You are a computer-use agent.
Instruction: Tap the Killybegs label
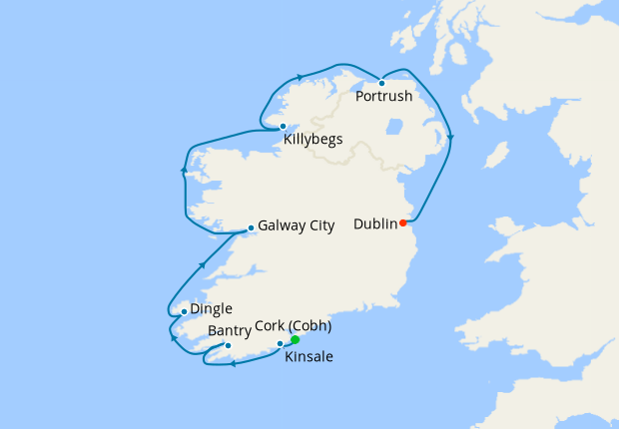[312, 140]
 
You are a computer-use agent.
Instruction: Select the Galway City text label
[296, 226]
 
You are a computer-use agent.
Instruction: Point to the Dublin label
[375, 224]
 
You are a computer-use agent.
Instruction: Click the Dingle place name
[212, 310]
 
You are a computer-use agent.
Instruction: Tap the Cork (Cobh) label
[294, 326]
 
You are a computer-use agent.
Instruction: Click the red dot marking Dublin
[403, 222]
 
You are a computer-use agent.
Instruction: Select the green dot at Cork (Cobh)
[295, 340]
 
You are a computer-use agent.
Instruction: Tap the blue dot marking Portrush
[381, 83]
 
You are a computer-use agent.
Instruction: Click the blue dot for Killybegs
[284, 126]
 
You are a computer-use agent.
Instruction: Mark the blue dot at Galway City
[250, 228]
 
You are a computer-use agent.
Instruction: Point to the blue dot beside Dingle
[184, 311]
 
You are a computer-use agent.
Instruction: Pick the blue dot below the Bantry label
[229, 346]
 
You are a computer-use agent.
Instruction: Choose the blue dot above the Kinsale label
[280, 344]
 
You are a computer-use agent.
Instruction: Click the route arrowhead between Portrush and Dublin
[451, 138]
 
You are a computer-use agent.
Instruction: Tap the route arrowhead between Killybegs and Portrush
[299, 77]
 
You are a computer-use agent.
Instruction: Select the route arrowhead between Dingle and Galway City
[203, 264]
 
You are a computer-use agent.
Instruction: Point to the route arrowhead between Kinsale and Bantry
[234, 363]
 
